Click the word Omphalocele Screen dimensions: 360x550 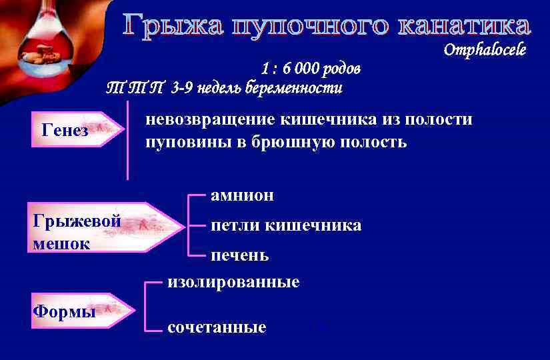485,49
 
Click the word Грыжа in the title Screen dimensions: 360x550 169,26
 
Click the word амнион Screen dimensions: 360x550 242,195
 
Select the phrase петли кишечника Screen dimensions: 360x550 286,225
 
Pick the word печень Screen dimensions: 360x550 240,255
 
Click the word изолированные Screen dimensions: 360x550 233,282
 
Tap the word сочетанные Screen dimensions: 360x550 217,327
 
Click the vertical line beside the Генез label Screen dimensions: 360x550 127,140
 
